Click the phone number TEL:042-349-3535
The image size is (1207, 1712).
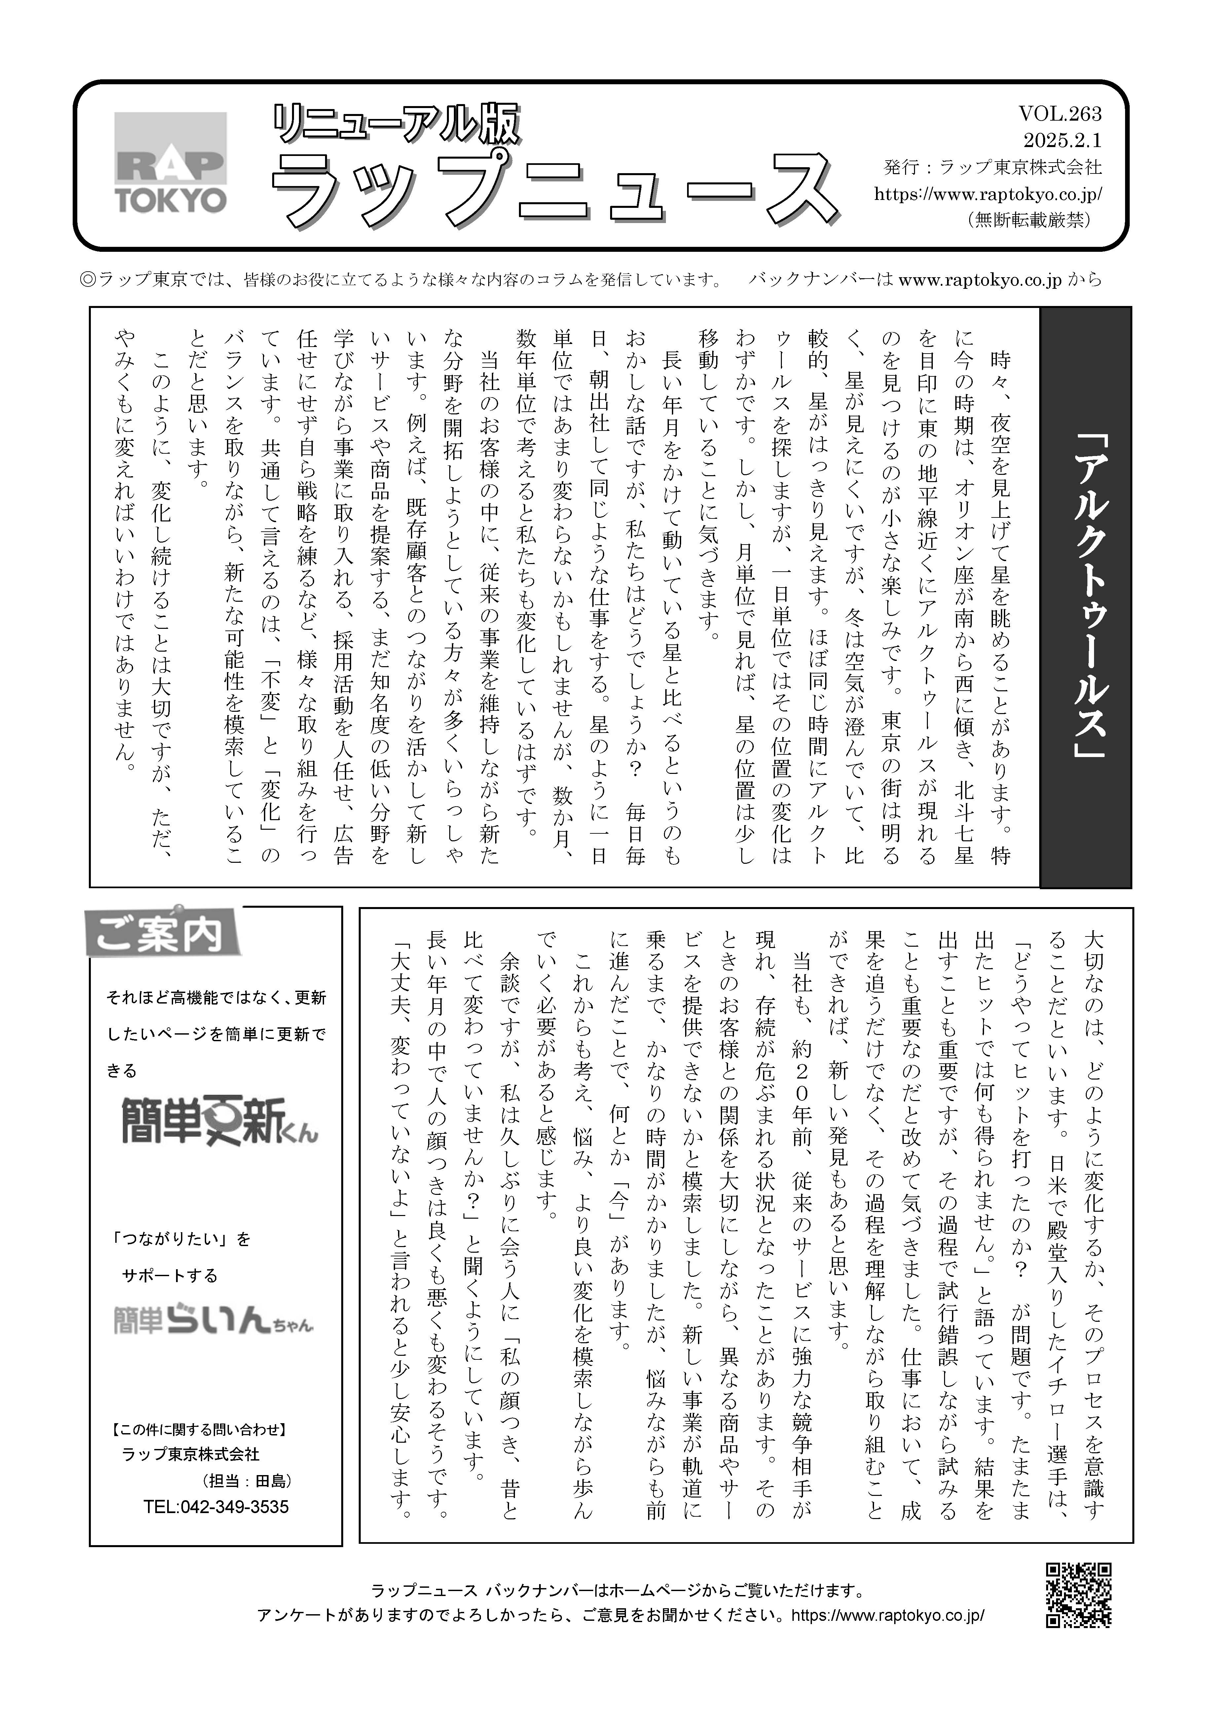216,1507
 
